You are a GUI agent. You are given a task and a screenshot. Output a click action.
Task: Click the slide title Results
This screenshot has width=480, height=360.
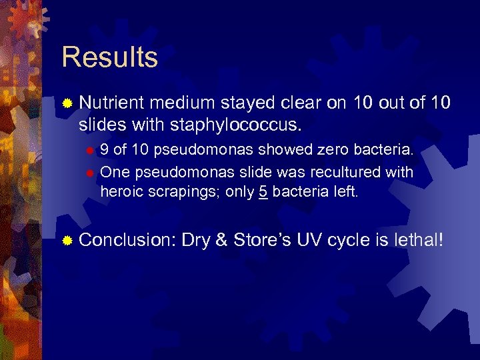coord(109,57)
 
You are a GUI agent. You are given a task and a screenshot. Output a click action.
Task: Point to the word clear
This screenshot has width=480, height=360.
coord(299,103)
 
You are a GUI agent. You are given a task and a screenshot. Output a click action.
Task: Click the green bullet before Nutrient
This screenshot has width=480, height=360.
coord(67,103)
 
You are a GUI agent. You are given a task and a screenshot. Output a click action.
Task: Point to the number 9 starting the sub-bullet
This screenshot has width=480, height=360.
coord(105,151)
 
